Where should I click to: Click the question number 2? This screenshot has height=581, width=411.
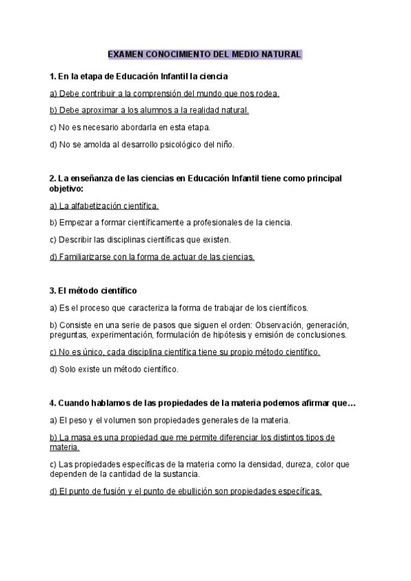pyautogui.click(x=53, y=178)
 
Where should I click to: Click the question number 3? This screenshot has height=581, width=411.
pyautogui.click(x=53, y=290)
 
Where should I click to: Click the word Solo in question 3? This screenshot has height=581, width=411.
pyautogui.click(x=69, y=369)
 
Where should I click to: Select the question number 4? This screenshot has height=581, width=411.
pyautogui.click(x=53, y=403)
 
